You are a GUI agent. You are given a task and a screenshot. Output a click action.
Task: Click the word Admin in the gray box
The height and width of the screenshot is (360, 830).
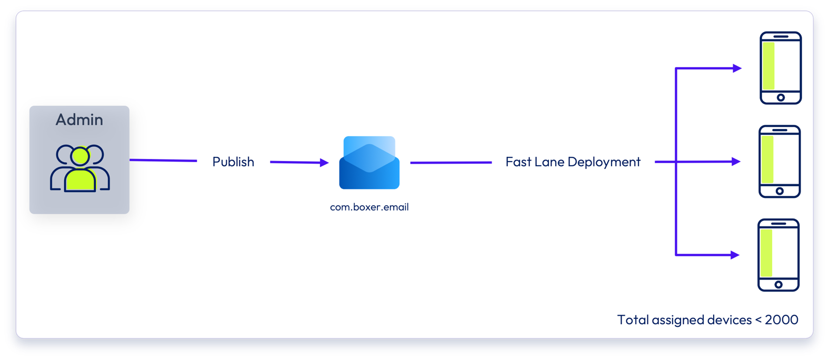pyautogui.click(x=79, y=120)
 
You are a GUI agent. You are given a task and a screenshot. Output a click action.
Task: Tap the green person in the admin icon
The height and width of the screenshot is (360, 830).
pyautogui.click(x=80, y=171)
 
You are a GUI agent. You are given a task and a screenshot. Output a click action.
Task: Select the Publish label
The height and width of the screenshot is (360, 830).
pyautogui.click(x=233, y=162)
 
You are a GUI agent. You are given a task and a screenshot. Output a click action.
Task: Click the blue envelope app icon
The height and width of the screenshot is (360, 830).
pyautogui.click(x=369, y=163)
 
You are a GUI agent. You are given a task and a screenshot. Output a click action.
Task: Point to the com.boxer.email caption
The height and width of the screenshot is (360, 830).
pyautogui.click(x=369, y=207)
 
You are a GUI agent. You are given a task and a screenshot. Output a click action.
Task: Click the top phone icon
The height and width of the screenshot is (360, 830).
pyautogui.click(x=781, y=68)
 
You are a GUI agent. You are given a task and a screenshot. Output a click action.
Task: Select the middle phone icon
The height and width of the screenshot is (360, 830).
pyautogui.click(x=779, y=162)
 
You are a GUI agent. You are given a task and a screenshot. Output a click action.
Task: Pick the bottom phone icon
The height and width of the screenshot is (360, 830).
pyautogui.click(x=778, y=255)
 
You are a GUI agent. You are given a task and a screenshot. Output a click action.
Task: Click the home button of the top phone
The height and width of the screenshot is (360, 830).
pyautogui.click(x=781, y=97)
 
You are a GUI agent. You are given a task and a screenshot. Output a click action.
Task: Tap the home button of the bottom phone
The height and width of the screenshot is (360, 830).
pyautogui.click(x=778, y=285)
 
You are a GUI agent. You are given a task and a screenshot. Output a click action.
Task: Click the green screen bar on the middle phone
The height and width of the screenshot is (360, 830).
pyautogui.click(x=767, y=159)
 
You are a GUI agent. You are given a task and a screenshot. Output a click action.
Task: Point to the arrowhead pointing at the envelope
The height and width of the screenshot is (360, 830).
pyautogui.click(x=324, y=163)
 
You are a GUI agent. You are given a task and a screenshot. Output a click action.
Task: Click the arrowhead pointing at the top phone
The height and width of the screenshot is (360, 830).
pyautogui.click(x=737, y=68)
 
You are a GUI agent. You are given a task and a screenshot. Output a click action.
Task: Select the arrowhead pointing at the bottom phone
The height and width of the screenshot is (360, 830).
pyautogui.click(x=735, y=255)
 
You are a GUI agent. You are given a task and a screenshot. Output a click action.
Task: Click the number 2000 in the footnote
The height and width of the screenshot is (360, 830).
pyautogui.click(x=781, y=320)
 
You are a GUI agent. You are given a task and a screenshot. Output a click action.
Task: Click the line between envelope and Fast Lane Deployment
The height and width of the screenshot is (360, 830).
pyautogui.click(x=451, y=163)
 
